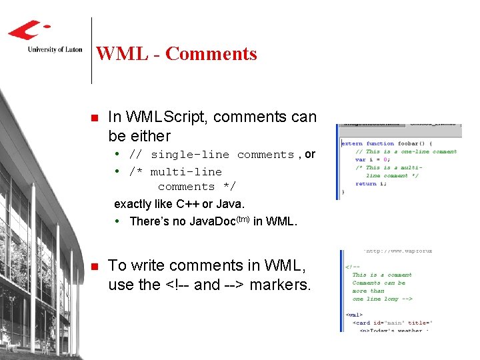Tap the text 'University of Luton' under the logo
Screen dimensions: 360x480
[x=55, y=49]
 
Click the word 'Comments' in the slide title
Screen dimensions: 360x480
[x=211, y=53]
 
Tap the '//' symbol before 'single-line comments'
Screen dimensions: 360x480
[x=135, y=155]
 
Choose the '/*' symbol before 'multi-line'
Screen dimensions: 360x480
[x=135, y=171]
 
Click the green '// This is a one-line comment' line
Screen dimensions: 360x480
[x=406, y=151]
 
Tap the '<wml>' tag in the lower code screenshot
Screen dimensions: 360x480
[x=355, y=315]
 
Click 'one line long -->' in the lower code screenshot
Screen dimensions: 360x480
[x=383, y=299]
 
